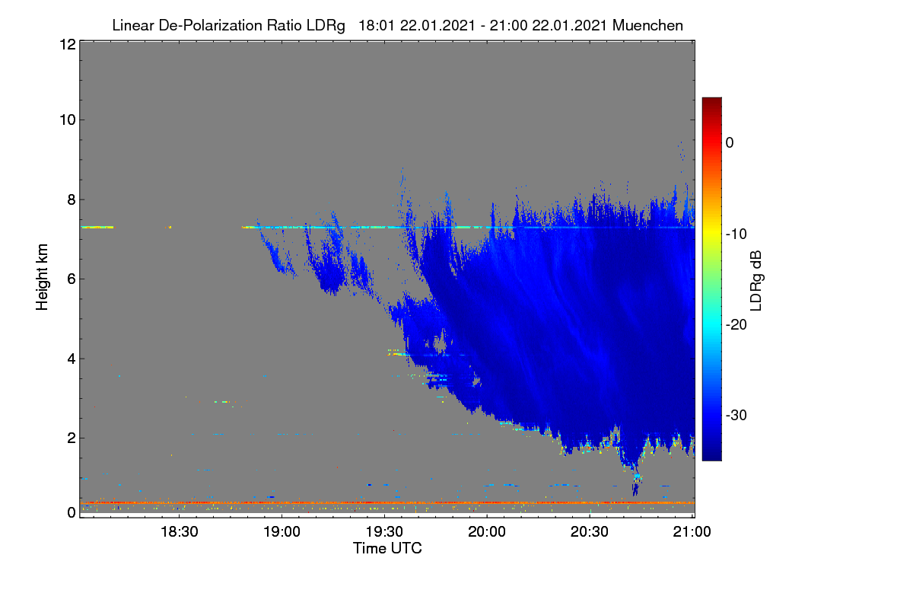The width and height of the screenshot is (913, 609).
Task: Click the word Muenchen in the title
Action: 647,26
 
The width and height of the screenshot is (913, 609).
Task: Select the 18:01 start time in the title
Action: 377,26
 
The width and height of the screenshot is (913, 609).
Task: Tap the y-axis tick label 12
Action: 68,44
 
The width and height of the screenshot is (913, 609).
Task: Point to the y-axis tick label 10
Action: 68,120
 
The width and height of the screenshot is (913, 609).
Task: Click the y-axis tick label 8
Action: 72,200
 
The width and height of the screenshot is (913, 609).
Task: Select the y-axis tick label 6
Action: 72,279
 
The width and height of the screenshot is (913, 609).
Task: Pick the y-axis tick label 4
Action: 72,359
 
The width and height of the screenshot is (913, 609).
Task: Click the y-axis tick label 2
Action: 72,438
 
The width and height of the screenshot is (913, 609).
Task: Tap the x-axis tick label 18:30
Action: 180,532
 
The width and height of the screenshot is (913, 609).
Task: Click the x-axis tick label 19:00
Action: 282,532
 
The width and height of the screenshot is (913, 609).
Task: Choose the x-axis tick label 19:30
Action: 384,532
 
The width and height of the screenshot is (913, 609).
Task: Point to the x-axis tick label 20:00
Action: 487,532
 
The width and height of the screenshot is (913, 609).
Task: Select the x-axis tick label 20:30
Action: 590,532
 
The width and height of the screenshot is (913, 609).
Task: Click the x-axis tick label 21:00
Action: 692,532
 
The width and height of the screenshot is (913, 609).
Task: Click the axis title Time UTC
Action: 387,549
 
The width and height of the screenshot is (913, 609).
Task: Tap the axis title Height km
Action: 42,277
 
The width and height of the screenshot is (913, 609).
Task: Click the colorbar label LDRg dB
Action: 756,281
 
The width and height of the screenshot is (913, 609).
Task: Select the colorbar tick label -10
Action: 736,234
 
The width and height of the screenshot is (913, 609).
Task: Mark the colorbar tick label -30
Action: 736,415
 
